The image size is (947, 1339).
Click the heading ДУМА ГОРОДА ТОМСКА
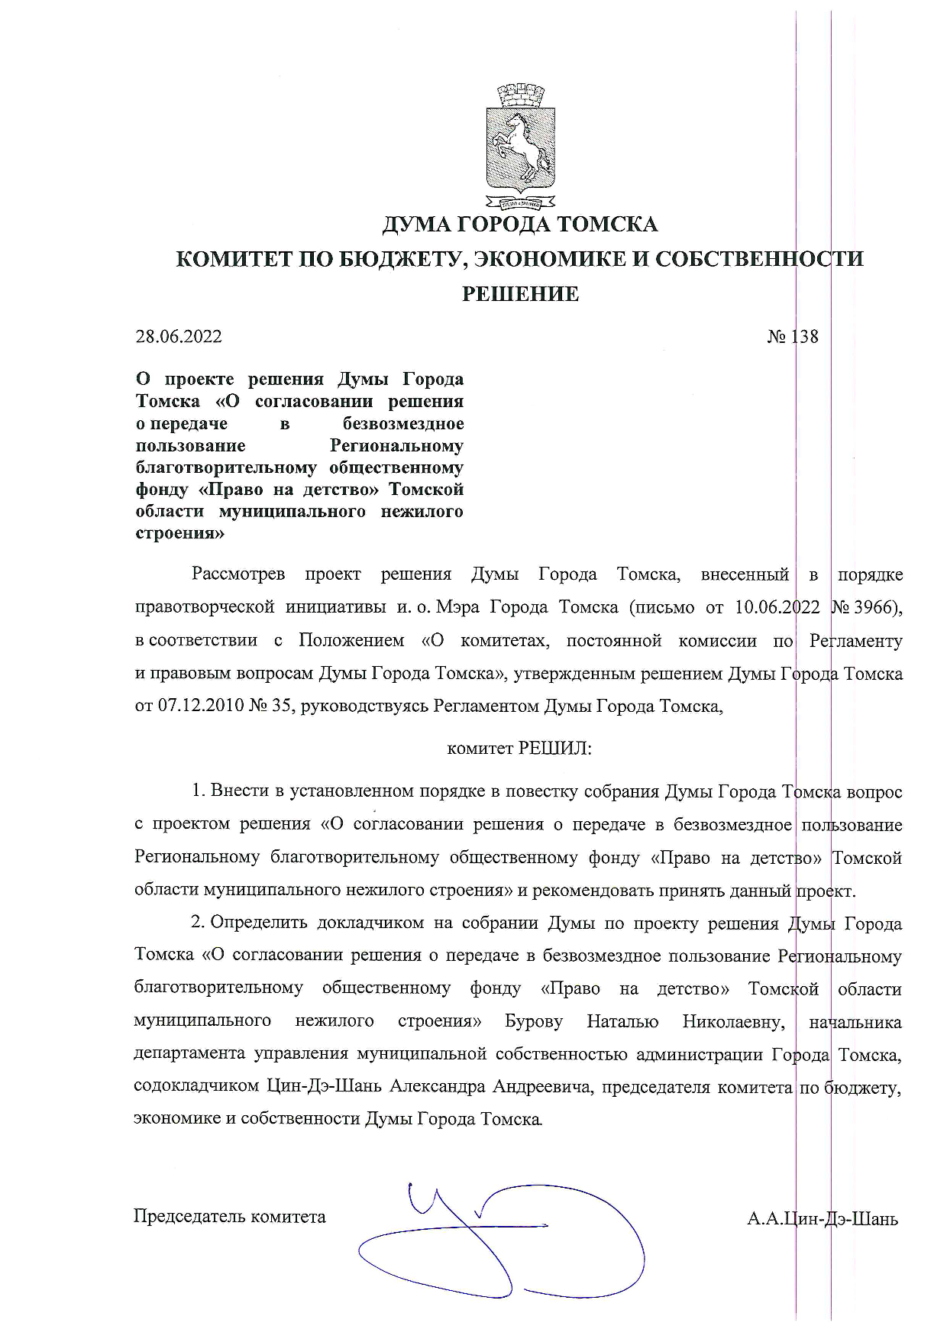(519, 225)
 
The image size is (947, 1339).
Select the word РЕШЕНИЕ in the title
(519, 294)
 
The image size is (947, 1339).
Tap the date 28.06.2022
(179, 337)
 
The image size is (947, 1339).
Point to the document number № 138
(792, 337)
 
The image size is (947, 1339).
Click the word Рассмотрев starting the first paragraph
(238, 574)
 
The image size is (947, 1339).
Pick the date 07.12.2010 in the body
(200, 707)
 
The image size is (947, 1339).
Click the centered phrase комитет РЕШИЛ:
(519, 749)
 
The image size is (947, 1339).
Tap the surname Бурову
(534, 1022)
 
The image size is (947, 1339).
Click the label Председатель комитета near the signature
(229, 1217)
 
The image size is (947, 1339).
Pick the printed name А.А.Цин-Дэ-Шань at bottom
(823, 1218)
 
